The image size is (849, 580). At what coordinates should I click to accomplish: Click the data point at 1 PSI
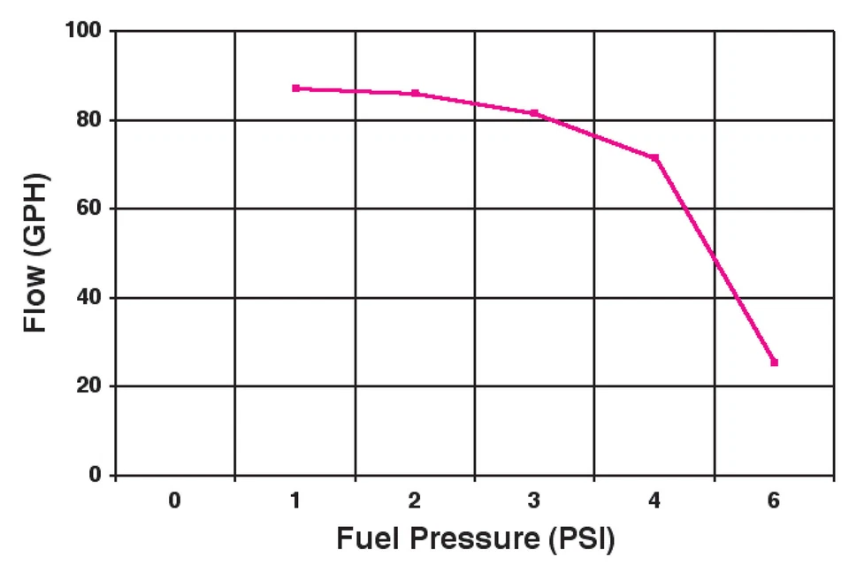[295, 88]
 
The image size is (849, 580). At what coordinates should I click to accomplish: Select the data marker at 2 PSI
[415, 93]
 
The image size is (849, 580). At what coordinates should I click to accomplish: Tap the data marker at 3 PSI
[534, 113]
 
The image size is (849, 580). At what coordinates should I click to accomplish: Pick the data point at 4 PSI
[654, 157]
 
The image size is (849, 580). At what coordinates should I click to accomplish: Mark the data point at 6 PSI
[774, 362]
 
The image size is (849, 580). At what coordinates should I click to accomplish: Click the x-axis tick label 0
[175, 500]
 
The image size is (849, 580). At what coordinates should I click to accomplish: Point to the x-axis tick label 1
[295, 500]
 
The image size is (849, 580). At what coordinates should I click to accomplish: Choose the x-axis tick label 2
[415, 500]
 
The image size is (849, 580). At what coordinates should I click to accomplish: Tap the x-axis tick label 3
[534, 500]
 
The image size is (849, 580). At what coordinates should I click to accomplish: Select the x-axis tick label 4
[654, 500]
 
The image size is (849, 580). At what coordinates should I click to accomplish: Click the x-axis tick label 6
[774, 500]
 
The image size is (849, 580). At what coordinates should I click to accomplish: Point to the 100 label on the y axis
[83, 32]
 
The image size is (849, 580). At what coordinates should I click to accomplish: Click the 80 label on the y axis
[89, 120]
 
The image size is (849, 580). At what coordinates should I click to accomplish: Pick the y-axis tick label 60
[89, 209]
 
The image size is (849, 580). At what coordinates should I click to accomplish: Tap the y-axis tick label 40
[89, 298]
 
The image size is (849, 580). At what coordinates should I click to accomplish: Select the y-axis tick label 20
[89, 386]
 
